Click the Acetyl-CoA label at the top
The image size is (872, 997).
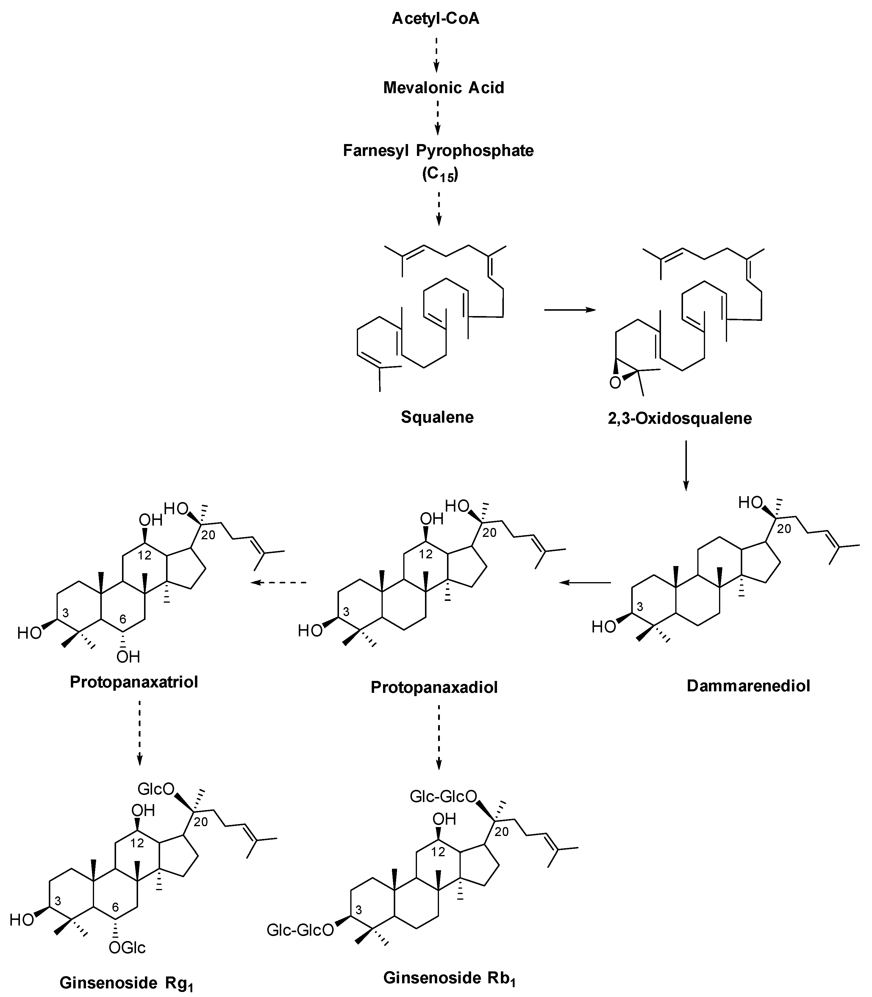tap(435, 19)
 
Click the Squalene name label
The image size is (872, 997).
tap(437, 417)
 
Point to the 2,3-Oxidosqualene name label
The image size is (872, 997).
tap(679, 418)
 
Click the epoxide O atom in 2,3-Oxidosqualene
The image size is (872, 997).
tap(615, 383)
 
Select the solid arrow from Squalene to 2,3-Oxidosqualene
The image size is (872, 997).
tap(569, 310)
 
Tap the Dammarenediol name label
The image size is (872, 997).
tap(748, 686)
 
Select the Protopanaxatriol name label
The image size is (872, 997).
tap(134, 682)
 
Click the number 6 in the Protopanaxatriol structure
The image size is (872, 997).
tap(123, 619)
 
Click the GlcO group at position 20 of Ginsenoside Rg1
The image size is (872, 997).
tap(156, 789)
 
